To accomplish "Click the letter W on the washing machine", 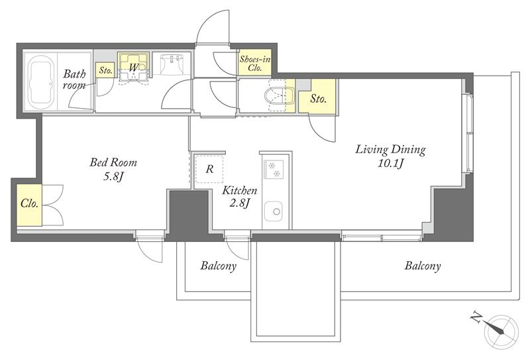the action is [x=134, y=68].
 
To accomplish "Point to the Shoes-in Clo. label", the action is [x=255, y=64].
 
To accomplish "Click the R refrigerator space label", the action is [x=209, y=169].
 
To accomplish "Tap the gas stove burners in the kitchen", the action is [x=274, y=170].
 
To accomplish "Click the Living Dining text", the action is [x=390, y=150].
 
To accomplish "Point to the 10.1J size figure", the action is [x=391, y=164].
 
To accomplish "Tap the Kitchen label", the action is [x=239, y=190].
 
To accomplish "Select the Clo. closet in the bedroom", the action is [x=29, y=205].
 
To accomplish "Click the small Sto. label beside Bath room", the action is [x=105, y=71].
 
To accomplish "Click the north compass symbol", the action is [x=501, y=328].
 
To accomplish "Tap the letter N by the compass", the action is [x=477, y=317].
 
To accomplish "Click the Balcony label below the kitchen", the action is [x=219, y=266].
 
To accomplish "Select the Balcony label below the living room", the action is [x=423, y=266].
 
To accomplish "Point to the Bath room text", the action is [x=74, y=79].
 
